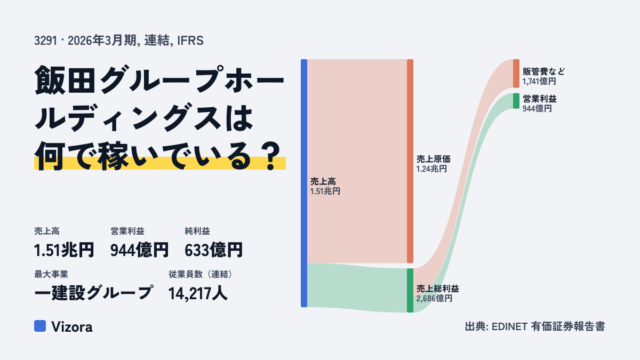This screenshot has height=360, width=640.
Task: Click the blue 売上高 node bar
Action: click(x=304, y=183)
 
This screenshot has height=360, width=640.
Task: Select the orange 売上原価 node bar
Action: click(x=410, y=161)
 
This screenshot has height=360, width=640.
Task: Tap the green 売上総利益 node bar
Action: click(x=410, y=290)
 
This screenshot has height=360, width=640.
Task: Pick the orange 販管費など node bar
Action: click(x=516, y=74)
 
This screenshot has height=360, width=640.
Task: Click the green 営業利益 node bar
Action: click(x=516, y=101)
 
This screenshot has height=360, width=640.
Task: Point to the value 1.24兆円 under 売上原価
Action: click(x=431, y=169)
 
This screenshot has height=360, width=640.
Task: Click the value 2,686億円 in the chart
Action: click(x=434, y=299)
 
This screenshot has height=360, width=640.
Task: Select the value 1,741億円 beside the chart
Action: click(x=539, y=82)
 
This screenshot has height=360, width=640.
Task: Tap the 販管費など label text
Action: click(x=543, y=71)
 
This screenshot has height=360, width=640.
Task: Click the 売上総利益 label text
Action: click(x=438, y=289)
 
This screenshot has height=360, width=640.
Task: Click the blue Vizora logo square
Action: click(x=40, y=326)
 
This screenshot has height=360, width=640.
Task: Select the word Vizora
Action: click(x=72, y=327)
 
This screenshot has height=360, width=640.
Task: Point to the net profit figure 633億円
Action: click(x=214, y=250)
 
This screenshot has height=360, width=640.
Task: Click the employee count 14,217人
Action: click(x=198, y=293)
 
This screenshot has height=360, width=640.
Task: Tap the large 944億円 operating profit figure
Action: click(x=139, y=250)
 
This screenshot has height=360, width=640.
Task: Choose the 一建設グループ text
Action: click(x=94, y=293)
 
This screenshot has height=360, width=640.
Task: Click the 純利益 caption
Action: click(x=197, y=231)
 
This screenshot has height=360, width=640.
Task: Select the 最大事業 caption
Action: click(x=51, y=274)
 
